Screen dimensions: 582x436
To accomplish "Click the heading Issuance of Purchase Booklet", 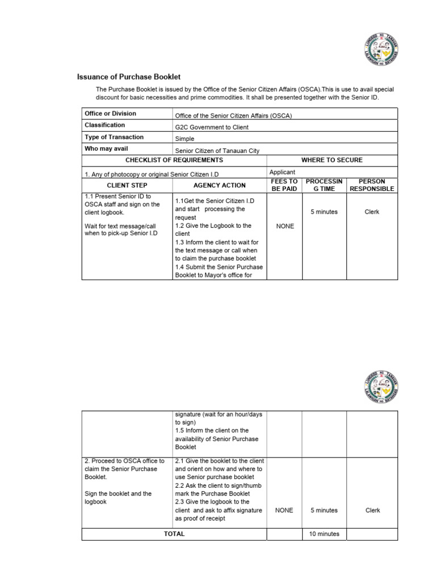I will [x=129, y=77].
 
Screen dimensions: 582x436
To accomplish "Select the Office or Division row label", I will [x=111, y=114].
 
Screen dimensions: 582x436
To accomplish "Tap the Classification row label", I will [x=105, y=125].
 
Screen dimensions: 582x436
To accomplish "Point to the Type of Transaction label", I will [x=114, y=137].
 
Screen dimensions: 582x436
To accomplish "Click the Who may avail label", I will [x=106, y=149].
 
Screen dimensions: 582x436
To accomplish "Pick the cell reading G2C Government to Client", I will [x=212, y=127].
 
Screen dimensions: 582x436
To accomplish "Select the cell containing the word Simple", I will [x=185, y=139].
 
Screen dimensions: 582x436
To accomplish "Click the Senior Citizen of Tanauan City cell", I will [x=217, y=151].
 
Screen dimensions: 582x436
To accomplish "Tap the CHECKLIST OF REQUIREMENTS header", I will [x=174, y=160].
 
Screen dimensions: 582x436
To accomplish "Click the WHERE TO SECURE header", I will [x=332, y=160].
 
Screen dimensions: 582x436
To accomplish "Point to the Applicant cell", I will [x=282, y=172].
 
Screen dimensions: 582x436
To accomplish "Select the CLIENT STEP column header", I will [x=127, y=185].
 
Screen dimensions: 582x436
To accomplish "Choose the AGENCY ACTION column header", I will [x=219, y=185].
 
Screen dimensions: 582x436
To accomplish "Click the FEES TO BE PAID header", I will [x=284, y=185].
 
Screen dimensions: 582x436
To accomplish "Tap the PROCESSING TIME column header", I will [x=324, y=185].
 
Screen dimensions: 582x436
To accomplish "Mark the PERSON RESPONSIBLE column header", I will [x=372, y=185].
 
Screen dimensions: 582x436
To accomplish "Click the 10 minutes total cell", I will [x=324, y=534].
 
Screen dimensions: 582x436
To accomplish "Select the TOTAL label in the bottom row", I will [x=174, y=534].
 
